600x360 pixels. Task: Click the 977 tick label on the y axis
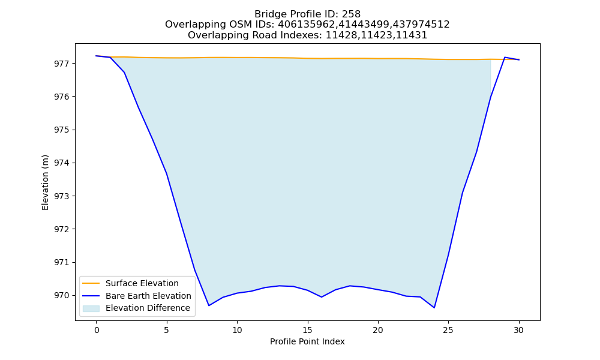[62, 64]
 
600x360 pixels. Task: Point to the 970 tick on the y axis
[62, 296]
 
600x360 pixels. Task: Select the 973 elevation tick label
[62, 196]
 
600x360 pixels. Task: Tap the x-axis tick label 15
[307, 330]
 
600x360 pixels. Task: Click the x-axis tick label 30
[518, 330]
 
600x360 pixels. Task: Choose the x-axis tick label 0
[97, 330]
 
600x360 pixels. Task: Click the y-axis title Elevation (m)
[45, 182]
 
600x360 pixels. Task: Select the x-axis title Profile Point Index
[307, 341]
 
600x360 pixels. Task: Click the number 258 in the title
[351, 14]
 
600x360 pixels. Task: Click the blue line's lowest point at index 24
[434, 308]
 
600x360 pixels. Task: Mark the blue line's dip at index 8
[209, 305]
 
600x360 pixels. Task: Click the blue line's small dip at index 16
[322, 297]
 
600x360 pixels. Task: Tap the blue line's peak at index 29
[505, 58]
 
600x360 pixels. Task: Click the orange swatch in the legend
[91, 283]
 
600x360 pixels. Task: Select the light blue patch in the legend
[91, 308]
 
